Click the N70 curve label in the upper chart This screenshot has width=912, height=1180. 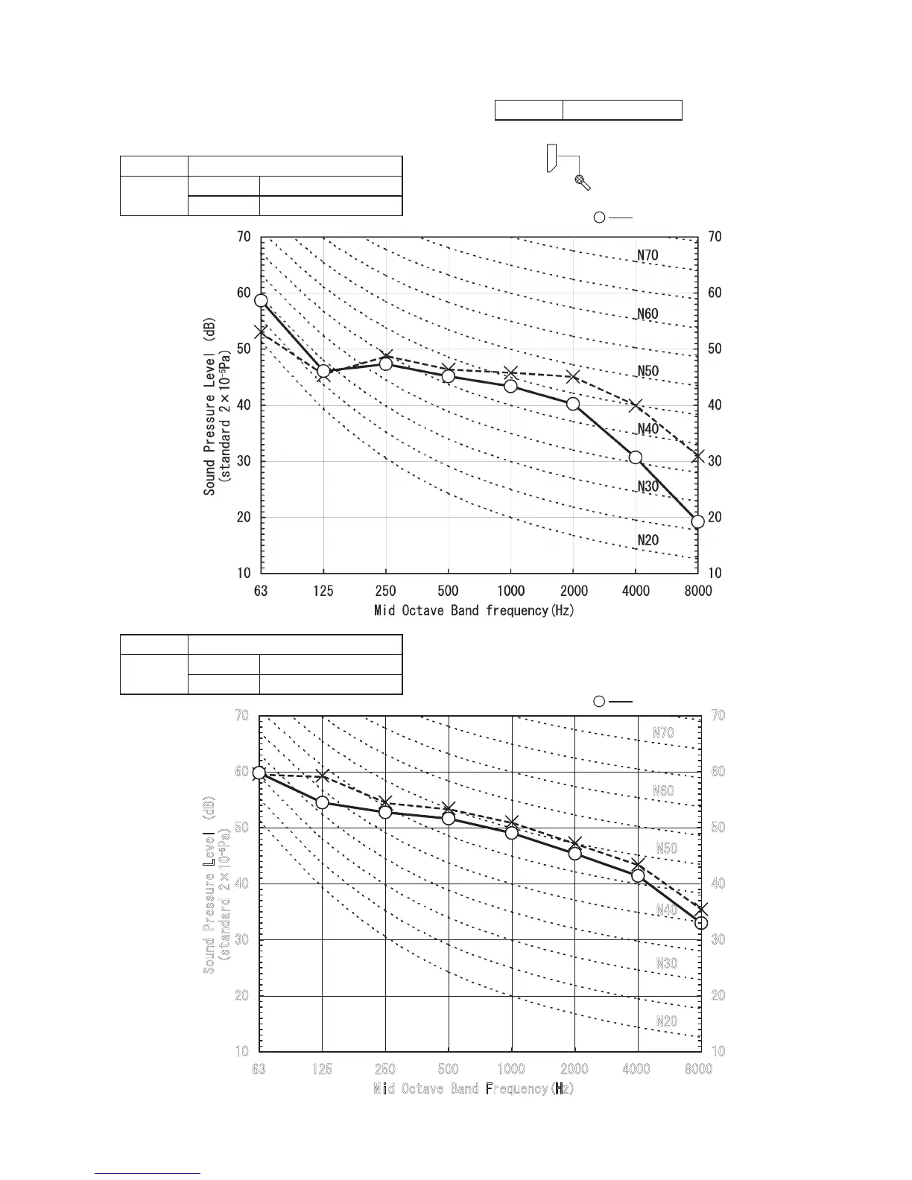coord(647,256)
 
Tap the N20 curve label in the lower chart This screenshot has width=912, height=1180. coord(666,1021)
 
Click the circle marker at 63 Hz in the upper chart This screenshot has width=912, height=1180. coord(261,301)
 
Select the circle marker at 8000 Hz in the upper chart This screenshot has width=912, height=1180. coord(697,521)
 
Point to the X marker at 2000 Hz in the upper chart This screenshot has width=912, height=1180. coord(573,377)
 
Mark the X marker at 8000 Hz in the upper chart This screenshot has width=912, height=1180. coord(698,456)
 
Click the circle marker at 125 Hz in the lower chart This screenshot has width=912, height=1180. coord(323,802)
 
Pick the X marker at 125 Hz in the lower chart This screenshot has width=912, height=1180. coord(323,777)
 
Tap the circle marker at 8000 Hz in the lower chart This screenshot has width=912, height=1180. coord(701,923)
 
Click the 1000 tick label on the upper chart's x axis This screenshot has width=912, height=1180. coord(511,591)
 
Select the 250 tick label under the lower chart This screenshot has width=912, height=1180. coord(385,1070)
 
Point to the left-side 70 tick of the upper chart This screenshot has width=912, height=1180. coord(244,237)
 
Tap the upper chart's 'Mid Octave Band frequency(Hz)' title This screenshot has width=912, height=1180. coord(474,611)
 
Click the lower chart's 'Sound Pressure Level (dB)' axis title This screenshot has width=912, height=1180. coord(210,884)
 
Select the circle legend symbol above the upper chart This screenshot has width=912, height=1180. coord(599,218)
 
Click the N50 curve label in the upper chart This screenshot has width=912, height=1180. coord(647,372)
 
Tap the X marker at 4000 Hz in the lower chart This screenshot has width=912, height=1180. coord(638,865)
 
